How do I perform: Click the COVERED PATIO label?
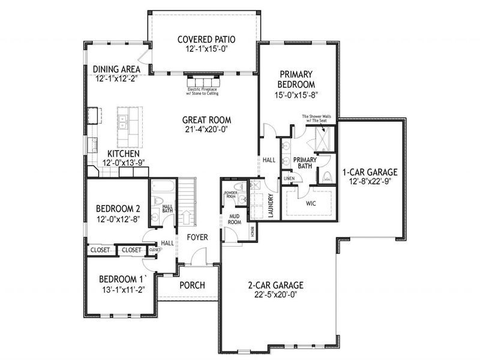click(206, 40)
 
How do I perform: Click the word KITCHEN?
click(124, 154)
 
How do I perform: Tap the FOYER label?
click(196, 238)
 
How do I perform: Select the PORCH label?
click(192, 285)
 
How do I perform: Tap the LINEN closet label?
click(289, 179)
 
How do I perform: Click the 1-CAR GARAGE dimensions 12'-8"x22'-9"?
click(370, 180)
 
